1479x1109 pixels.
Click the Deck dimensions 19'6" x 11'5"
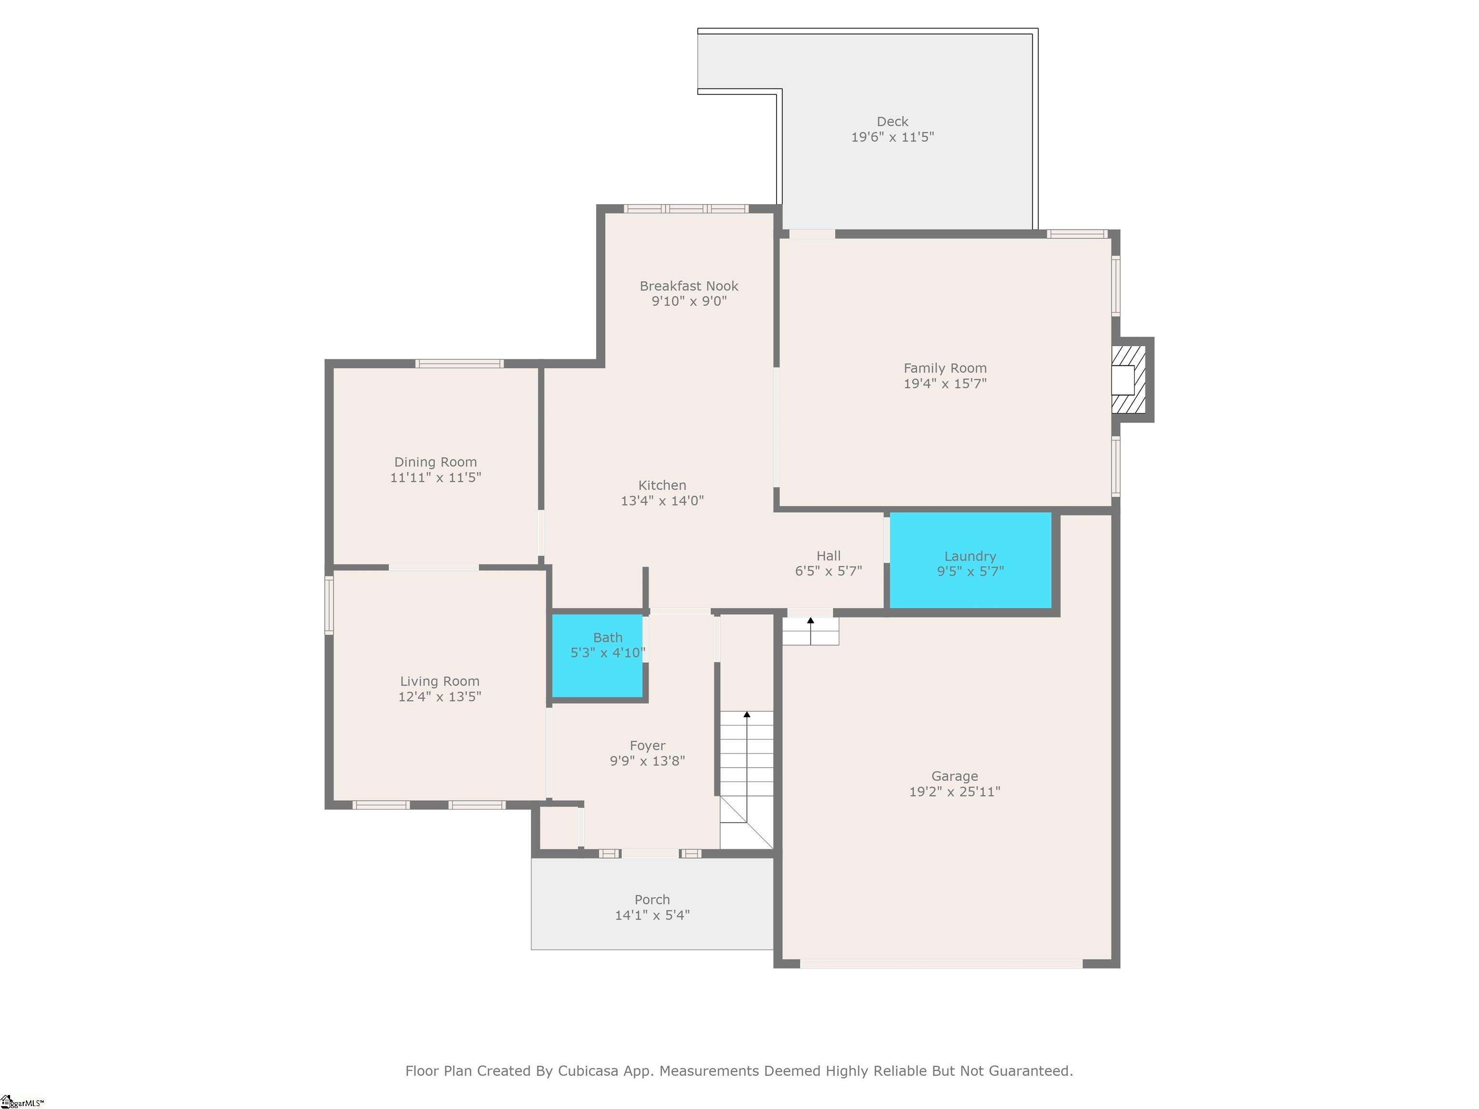click(x=892, y=137)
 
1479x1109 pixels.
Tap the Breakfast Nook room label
click(x=688, y=286)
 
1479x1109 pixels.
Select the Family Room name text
click(x=945, y=368)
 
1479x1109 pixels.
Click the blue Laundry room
click(x=970, y=560)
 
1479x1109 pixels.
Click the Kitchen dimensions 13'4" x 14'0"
click(x=662, y=501)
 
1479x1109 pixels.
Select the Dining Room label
click(x=435, y=462)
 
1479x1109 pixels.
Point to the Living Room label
click(x=439, y=681)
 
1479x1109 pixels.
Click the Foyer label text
click(x=647, y=745)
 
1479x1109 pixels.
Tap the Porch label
click(x=652, y=900)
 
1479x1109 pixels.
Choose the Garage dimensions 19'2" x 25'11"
click(x=954, y=791)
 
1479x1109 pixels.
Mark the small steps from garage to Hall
click(x=810, y=631)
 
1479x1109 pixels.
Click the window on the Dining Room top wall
click(x=459, y=364)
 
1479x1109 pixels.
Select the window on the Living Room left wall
click(x=329, y=605)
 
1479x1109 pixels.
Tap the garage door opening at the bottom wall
click(x=941, y=963)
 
